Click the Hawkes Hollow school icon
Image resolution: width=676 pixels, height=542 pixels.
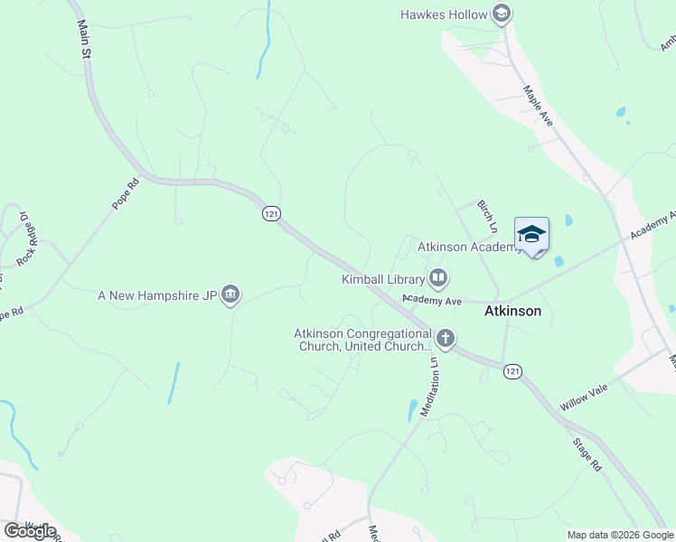point(502,14)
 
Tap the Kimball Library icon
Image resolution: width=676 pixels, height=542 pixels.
point(438,278)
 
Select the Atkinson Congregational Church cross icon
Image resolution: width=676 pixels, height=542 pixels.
point(445,340)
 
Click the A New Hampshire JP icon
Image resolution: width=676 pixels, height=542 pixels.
point(230,295)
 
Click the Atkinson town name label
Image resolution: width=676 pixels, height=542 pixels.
point(512,311)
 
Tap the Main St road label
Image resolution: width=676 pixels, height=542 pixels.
point(86,40)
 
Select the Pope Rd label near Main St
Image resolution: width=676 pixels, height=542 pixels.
point(127,193)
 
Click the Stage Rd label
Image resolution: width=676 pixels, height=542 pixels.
point(587,456)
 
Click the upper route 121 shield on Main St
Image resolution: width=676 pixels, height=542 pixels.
point(271,213)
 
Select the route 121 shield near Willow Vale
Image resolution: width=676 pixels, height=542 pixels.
point(512,371)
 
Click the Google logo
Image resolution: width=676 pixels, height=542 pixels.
point(30,531)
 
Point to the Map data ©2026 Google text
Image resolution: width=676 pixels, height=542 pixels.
point(620,535)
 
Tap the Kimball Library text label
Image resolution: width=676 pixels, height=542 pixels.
point(383,279)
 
